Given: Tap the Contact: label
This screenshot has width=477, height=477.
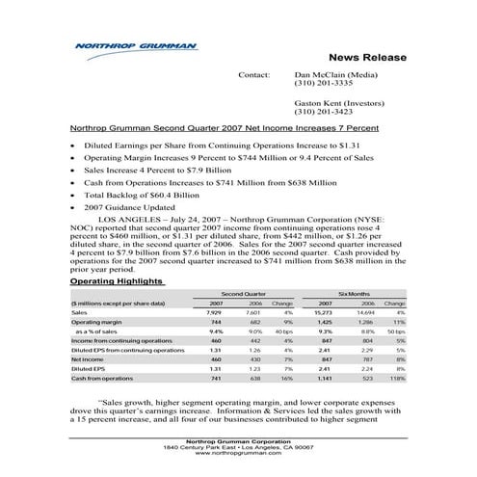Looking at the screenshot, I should pos(252,74).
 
